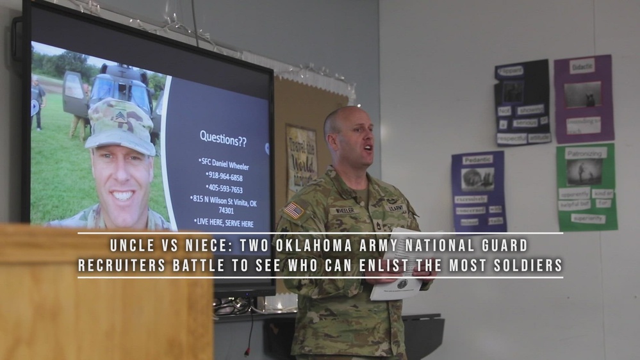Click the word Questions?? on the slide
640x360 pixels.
[x=222, y=138]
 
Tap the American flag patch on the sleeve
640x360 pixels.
[x=293, y=210]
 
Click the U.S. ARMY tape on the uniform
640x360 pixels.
[x=395, y=208]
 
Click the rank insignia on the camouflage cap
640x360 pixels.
[x=120, y=116]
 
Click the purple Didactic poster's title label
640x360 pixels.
[x=582, y=66]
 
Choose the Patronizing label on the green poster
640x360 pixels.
[x=585, y=153]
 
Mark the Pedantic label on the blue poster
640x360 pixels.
[x=477, y=160]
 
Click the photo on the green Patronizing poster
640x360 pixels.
[x=584, y=172]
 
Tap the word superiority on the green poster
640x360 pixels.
[x=587, y=218]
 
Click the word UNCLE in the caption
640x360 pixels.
[x=131, y=245]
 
